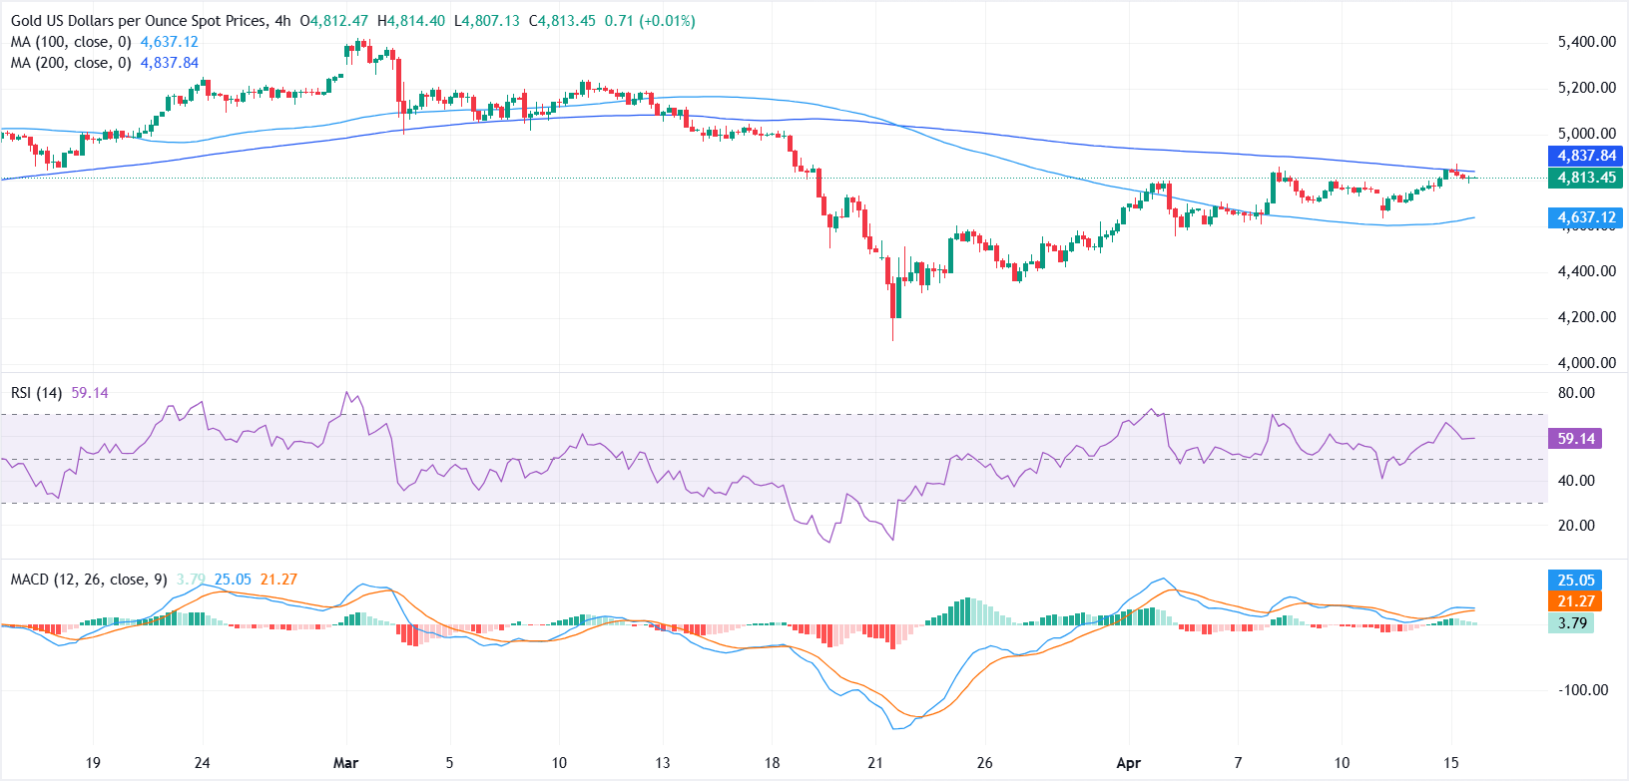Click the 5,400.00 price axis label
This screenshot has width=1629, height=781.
click(x=1586, y=42)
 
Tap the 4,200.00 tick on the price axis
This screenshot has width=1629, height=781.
click(x=1586, y=317)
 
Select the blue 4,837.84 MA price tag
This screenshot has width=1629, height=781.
click(x=1586, y=156)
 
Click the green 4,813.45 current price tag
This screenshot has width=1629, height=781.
click(x=1586, y=178)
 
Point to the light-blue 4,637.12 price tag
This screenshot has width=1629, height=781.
click(x=1586, y=217)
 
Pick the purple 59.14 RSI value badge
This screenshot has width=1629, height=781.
click(x=1576, y=438)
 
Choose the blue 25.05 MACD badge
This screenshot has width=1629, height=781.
click(x=1576, y=580)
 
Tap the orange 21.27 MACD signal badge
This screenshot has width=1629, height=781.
click(x=1576, y=600)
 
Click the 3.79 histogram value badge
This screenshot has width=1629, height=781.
click(x=1572, y=622)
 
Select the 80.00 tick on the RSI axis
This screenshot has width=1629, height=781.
click(x=1576, y=393)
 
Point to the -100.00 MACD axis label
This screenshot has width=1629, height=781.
click(x=1583, y=690)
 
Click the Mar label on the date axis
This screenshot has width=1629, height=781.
click(x=345, y=763)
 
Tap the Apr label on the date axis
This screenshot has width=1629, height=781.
click(x=1128, y=763)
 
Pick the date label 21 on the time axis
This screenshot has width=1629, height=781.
click(x=875, y=763)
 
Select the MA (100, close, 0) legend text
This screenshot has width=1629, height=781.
click(x=71, y=42)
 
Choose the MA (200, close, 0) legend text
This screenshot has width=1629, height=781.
click(x=71, y=63)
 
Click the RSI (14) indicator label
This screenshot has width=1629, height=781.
click(x=37, y=393)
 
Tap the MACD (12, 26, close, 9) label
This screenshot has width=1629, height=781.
click(x=89, y=580)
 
